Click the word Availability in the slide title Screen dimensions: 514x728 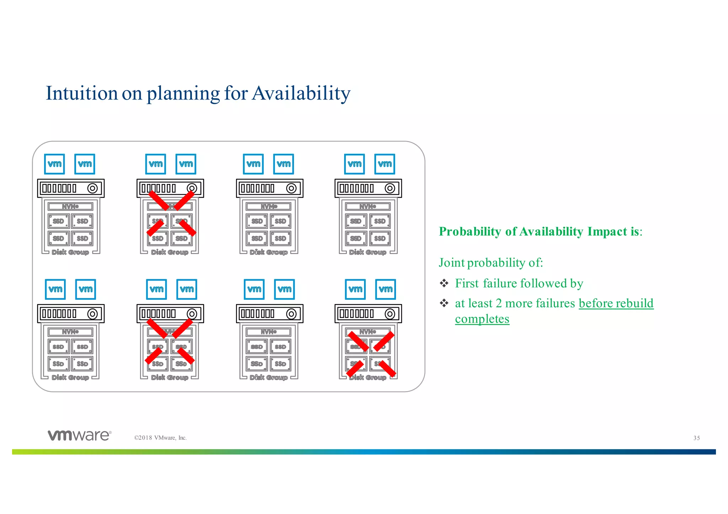301,93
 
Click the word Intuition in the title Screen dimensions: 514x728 81,93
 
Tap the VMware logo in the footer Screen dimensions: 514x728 80,435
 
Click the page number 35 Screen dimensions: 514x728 696,438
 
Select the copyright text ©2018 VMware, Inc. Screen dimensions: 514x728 160,438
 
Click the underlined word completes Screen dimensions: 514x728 482,319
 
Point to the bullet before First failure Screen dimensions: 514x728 444,283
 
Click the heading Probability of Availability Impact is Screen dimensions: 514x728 540,231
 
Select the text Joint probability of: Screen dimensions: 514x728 491,263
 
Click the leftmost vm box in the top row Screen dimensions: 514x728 54,164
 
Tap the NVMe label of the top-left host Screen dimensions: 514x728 70,206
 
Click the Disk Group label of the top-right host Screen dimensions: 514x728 368,252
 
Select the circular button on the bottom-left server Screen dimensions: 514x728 92,314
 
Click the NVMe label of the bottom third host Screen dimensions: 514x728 269,332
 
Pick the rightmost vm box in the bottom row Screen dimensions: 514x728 386,289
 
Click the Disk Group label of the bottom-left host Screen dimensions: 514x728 70,377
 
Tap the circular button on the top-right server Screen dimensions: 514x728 390,188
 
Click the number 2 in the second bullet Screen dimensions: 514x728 498,303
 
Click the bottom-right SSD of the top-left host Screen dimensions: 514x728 82,238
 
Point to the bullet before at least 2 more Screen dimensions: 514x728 444,303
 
